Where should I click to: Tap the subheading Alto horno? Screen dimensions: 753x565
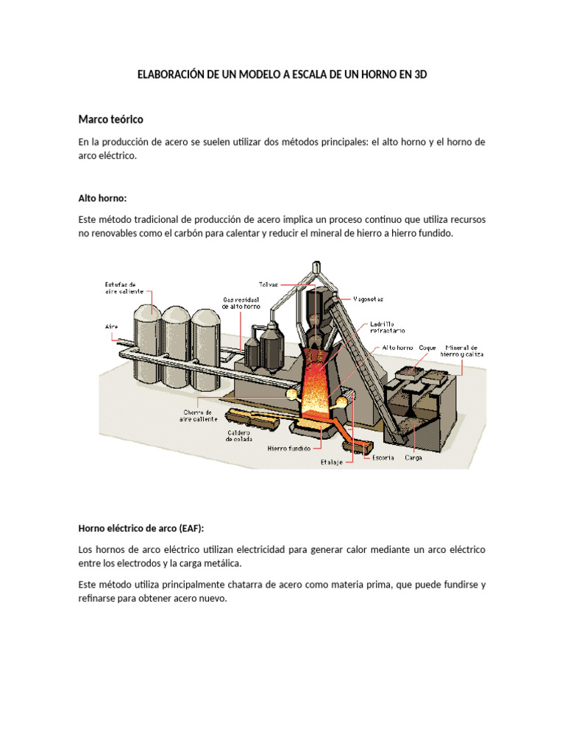click(102, 198)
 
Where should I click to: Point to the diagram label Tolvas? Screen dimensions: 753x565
click(268, 282)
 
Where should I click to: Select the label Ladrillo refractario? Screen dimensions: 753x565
click(386, 326)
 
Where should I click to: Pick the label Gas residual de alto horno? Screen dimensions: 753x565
click(241, 302)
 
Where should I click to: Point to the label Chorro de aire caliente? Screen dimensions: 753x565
click(199, 415)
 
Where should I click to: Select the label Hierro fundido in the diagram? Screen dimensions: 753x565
click(288, 447)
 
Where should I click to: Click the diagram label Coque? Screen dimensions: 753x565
click(427, 347)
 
